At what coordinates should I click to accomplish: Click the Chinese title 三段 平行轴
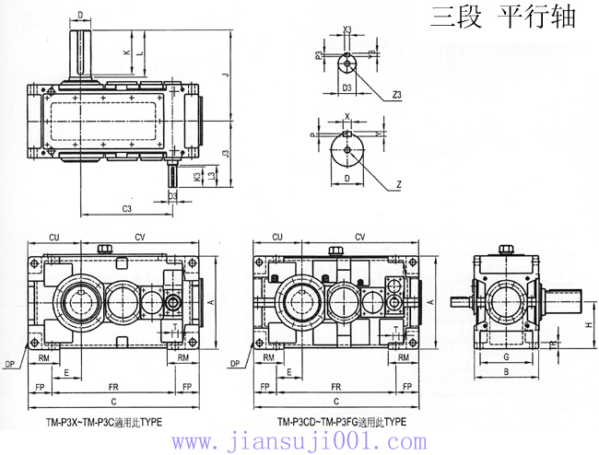pyautogui.click(x=502, y=18)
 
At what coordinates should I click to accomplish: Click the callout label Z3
pyautogui.click(x=396, y=94)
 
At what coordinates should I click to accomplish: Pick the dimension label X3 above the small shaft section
pyautogui.click(x=347, y=30)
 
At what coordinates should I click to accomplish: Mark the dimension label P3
pyautogui.click(x=320, y=55)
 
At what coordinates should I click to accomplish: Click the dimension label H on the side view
pyautogui.click(x=587, y=325)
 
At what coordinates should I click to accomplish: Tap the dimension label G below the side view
pyautogui.click(x=508, y=356)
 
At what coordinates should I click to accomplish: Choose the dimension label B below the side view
pyautogui.click(x=508, y=372)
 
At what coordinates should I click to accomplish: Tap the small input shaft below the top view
pyautogui.click(x=173, y=176)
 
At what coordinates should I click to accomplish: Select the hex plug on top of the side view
pyautogui.click(x=505, y=249)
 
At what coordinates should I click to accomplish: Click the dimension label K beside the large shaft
pyautogui.click(x=127, y=53)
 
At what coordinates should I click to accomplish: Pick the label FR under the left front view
pyautogui.click(x=113, y=386)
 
